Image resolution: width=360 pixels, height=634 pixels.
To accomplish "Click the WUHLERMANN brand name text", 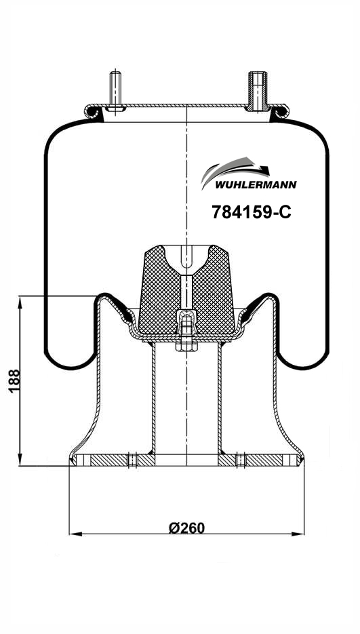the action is tap(256, 185).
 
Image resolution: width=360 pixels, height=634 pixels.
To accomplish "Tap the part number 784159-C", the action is tap(252, 212).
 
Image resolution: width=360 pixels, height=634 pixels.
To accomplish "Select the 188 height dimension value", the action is tap(14, 380).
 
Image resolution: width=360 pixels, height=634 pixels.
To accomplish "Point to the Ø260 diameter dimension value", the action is tap(186, 528).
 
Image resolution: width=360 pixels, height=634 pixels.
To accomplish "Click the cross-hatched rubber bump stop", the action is tap(186, 290).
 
